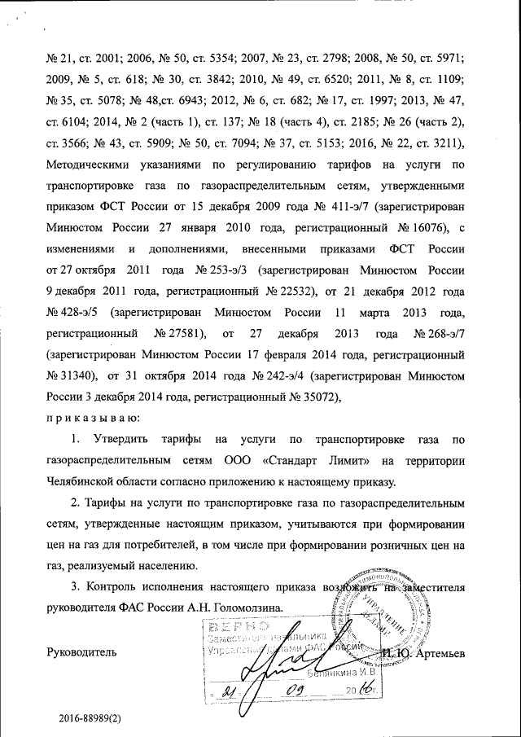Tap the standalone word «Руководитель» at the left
pyautogui.click(x=81, y=651)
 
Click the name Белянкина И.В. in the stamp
pyautogui.click(x=342, y=673)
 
